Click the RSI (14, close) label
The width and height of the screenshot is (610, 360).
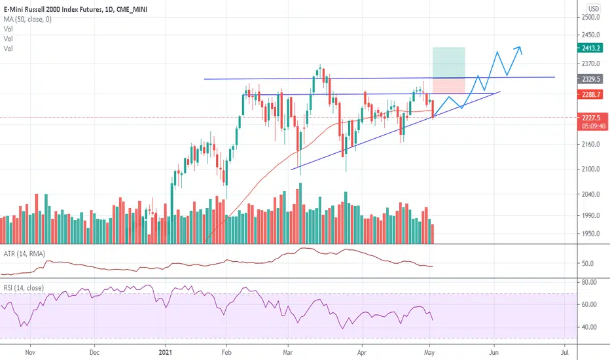click(x=25, y=287)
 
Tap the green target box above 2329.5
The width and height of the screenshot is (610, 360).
click(x=448, y=63)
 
